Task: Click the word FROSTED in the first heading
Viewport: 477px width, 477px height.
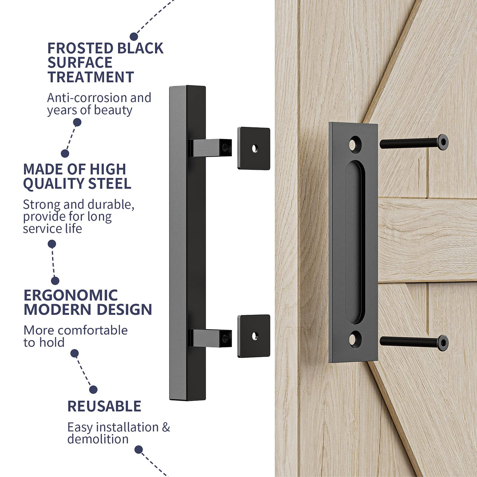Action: (75, 48)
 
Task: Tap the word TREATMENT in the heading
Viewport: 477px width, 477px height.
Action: (91, 77)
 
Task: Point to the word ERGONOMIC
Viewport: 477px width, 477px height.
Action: (71, 295)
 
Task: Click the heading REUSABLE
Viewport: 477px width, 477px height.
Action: (104, 406)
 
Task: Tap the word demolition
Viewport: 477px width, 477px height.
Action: (98, 439)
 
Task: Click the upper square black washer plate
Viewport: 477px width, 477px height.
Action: (254, 148)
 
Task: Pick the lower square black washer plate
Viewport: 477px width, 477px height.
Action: (254, 336)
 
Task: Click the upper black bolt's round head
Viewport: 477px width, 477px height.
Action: (442, 142)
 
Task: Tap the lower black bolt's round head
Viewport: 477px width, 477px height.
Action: (442, 343)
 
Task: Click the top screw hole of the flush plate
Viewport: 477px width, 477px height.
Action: (355, 144)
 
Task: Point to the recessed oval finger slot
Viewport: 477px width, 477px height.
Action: (355, 242)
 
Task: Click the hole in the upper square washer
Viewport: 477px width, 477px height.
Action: (255, 148)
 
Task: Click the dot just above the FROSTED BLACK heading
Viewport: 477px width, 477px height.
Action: (134, 37)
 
